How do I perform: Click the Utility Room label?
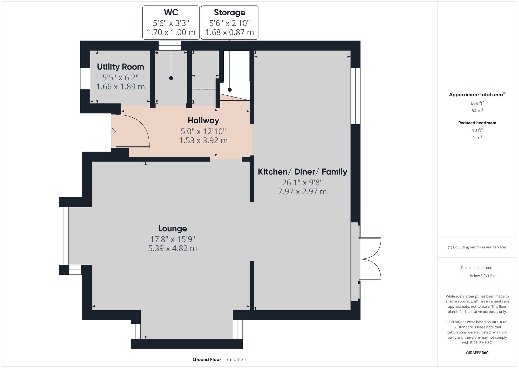(120, 67)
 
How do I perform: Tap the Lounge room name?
(173, 229)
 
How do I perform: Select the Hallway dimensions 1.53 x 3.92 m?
(203, 140)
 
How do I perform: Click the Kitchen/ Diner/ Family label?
(302, 172)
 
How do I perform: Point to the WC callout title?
(171, 12)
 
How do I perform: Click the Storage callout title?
(229, 12)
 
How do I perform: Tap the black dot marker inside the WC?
(171, 78)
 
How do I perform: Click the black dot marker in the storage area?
(230, 90)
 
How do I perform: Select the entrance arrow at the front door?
(112, 131)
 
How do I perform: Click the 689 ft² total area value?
(477, 103)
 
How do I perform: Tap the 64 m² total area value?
(477, 111)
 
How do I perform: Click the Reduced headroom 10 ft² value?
(477, 130)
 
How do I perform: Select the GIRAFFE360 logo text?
(477, 353)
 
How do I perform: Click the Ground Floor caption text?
(207, 359)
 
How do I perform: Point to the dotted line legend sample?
(462, 276)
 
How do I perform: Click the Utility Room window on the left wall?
(85, 79)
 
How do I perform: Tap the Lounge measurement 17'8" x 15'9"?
(173, 239)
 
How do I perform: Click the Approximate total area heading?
(476, 95)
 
